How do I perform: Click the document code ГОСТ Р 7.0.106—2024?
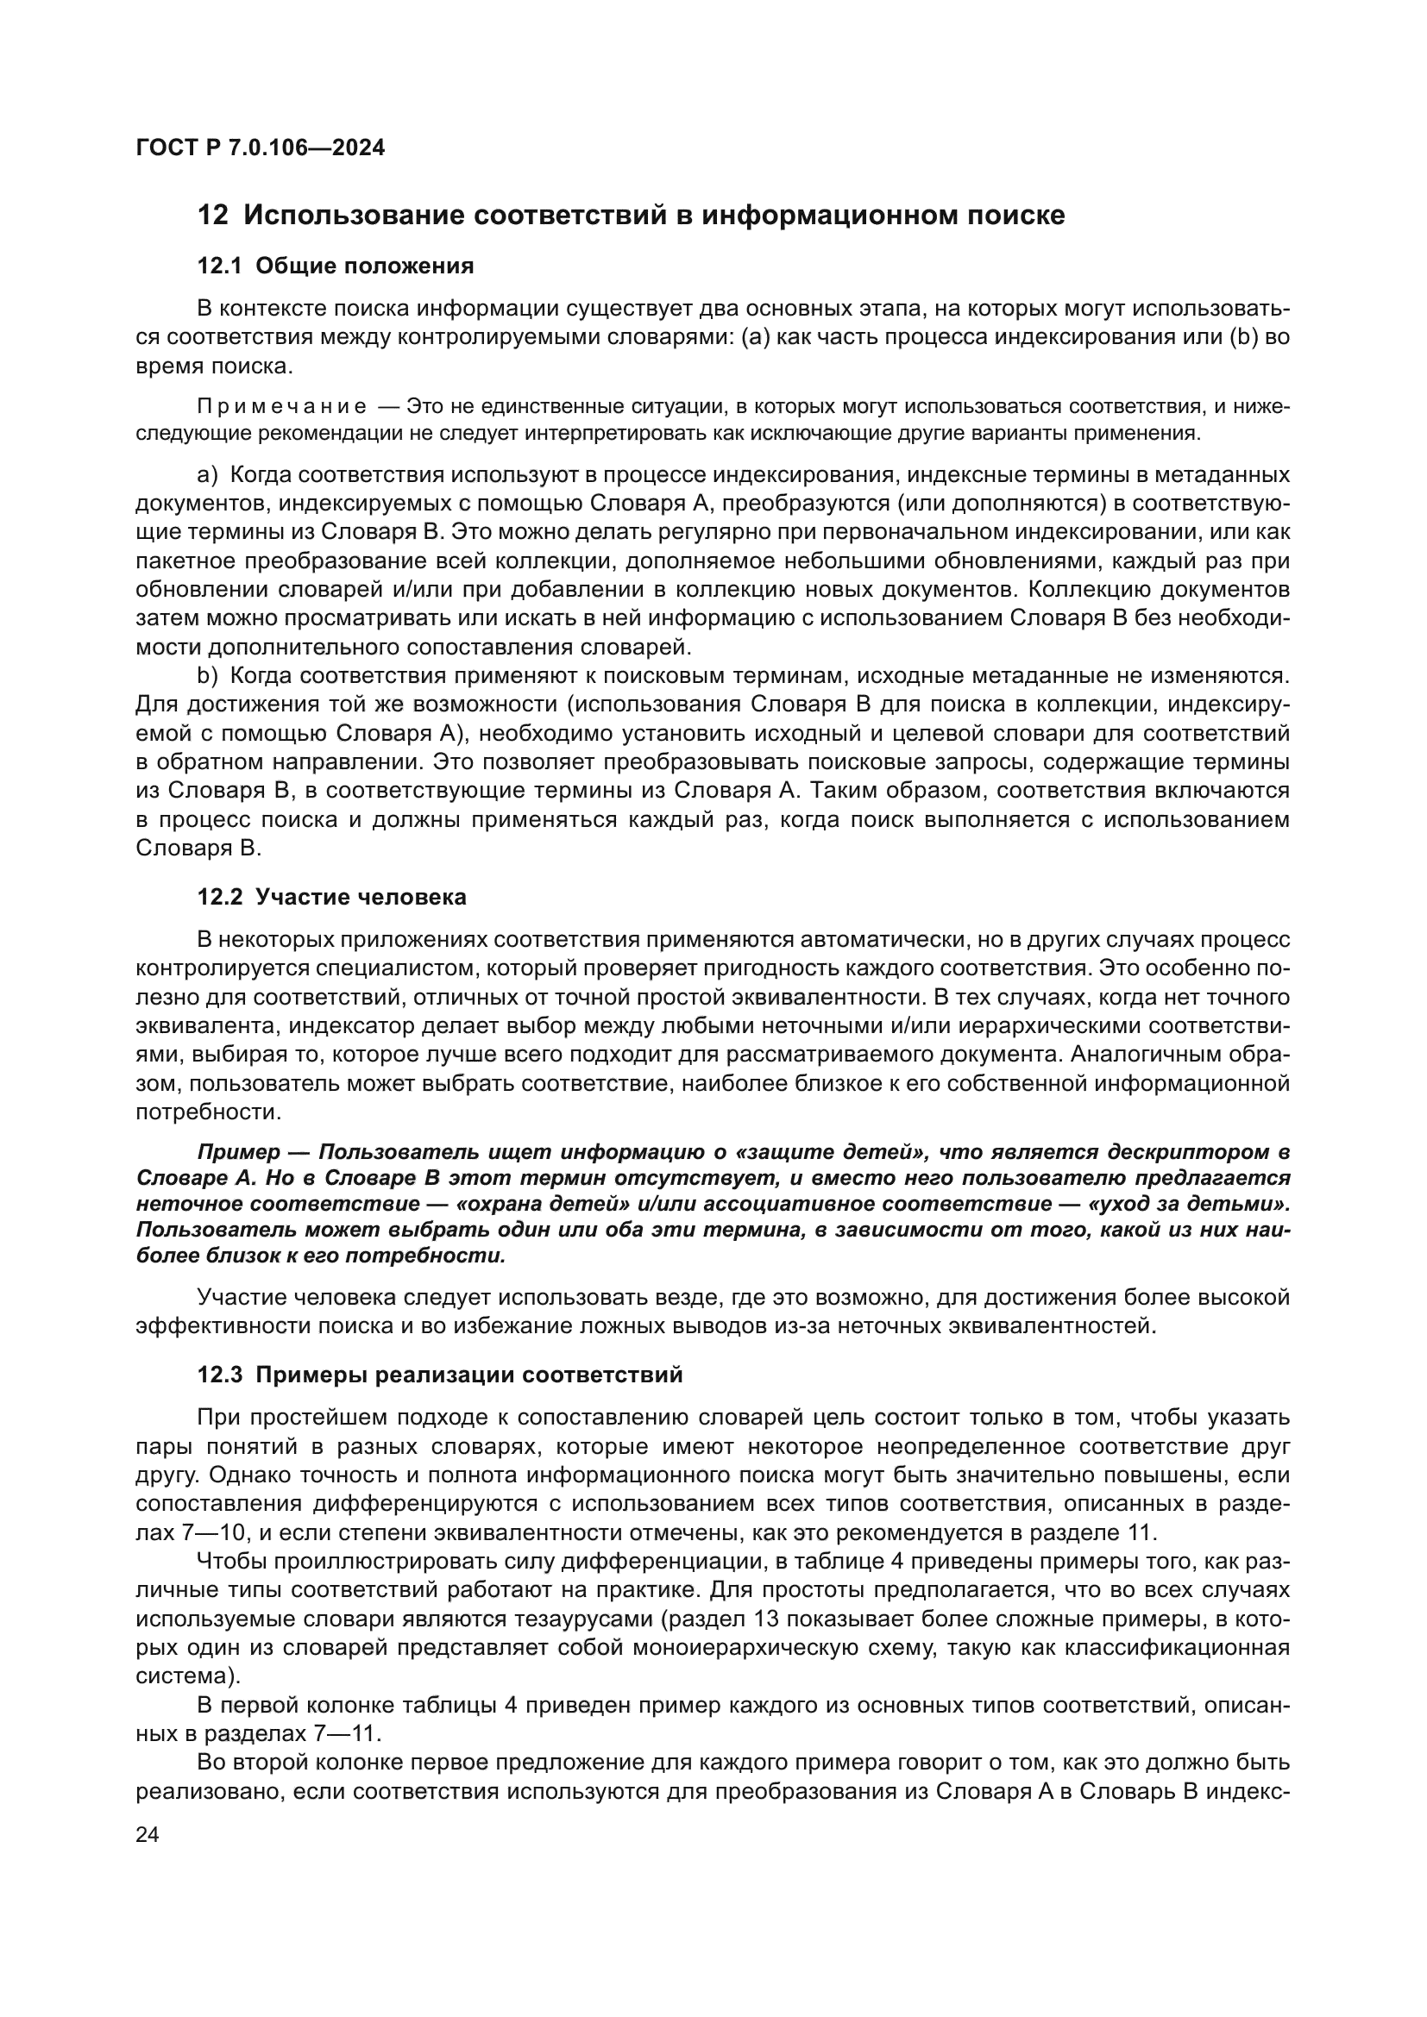[x=260, y=147]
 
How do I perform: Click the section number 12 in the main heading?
[x=211, y=216]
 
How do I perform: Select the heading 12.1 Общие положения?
[x=335, y=266]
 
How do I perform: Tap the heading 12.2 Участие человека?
[x=331, y=897]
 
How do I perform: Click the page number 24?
[x=148, y=1834]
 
